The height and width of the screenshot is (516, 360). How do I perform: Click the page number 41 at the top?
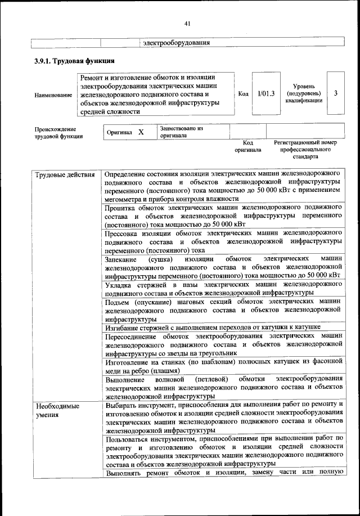(187, 23)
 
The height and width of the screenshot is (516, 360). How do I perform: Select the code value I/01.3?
(265, 93)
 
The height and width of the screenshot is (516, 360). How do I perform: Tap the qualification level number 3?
(335, 93)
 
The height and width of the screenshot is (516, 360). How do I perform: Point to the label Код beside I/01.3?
(243, 94)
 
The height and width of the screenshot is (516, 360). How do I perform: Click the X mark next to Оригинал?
(141, 132)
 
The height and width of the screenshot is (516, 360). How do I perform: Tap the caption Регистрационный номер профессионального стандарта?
(305, 150)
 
